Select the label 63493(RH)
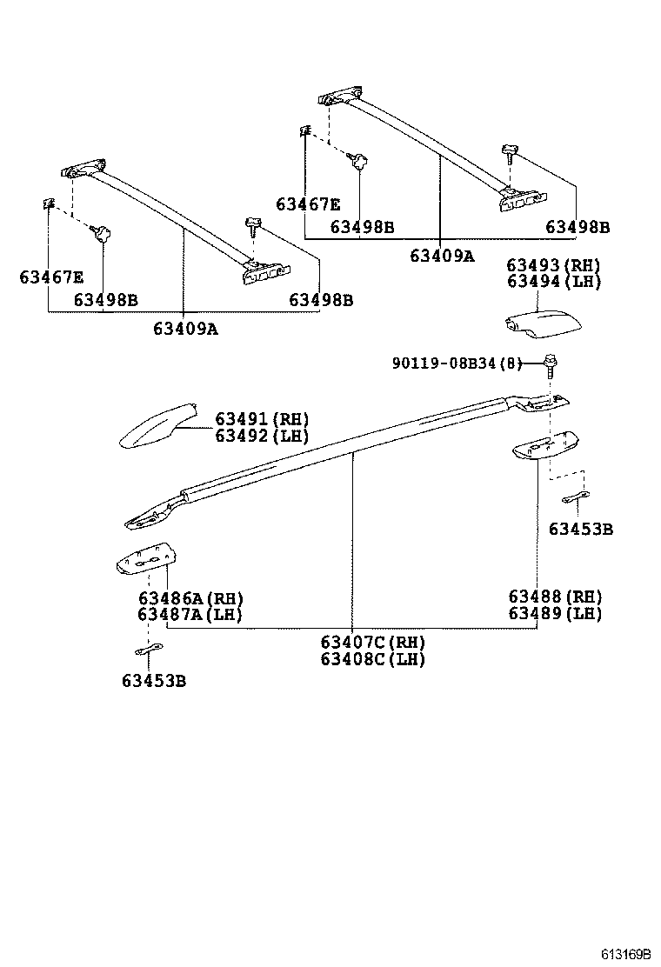pyautogui.click(x=554, y=265)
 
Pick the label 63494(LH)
pyautogui.click(x=554, y=282)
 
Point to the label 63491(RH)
pyautogui.click(x=262, y=420)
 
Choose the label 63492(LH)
pyautogui.click(x=262, y=437)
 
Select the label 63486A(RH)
pyautogui.click(x=190, y=598)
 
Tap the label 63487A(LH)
pyautogui.click(x=190, y=615)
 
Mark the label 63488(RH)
pyautogui.click(x=555, y=597)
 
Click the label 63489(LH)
pyautogui.click(x=555, y=613)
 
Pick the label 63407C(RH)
pyautogui.click(x=372, y=643)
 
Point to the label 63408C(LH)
pyautogui.click(x=372, y=659)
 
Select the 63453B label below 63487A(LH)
pyautogui.click(x=154, y=681)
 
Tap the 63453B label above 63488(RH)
pyautogui.click(x=580, y=529)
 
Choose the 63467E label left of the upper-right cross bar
pyautogui.click(x=308, y=204)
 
